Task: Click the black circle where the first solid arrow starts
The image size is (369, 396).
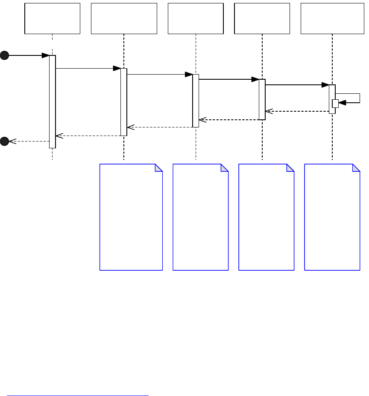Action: click(4, 55)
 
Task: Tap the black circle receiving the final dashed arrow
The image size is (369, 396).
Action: click(4, 141)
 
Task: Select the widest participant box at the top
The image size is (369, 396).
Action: click(124, 18)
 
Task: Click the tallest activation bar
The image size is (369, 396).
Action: click(52, 101)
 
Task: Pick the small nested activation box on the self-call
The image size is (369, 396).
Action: click(335, 104)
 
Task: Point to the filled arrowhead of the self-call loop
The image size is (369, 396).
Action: click(342, 103)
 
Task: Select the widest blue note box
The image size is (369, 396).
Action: click(131, 217)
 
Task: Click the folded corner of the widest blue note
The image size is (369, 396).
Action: click(159, 168)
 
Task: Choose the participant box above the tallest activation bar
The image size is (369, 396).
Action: click(53, 18)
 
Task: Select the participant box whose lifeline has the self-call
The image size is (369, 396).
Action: click(332, 18)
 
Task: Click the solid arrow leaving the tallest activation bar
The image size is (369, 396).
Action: click(88, 68)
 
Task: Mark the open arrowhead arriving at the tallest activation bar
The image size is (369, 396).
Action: click(59, 136)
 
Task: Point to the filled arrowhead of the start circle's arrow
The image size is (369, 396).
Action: click(45, 55)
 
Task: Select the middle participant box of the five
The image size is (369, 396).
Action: click(196, 18)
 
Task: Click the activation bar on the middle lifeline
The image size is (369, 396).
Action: click(196, 101)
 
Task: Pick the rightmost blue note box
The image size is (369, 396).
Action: click(332, 217)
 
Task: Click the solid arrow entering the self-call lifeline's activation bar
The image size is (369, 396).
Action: click(297, 85)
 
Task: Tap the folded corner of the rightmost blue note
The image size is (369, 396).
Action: click(356, 168)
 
